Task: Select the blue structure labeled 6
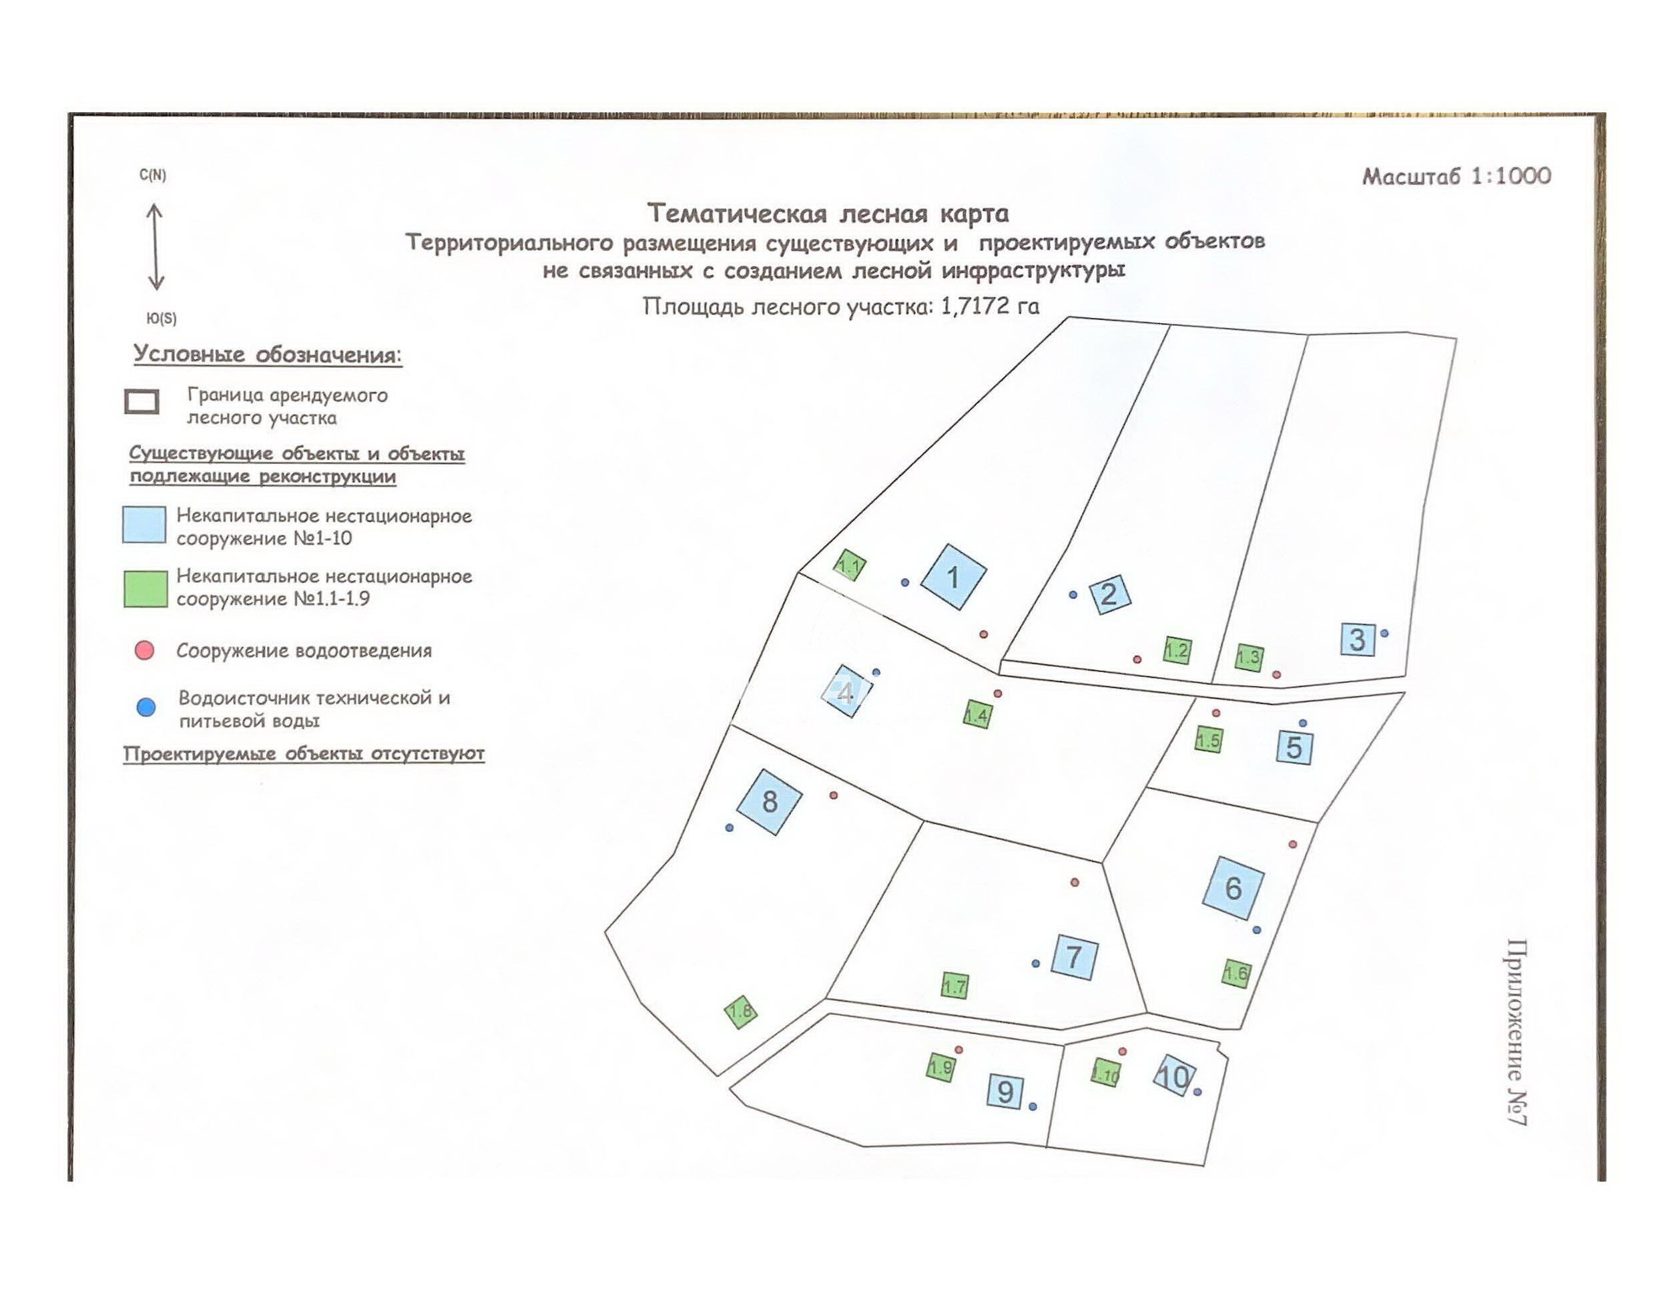click(1233, 888)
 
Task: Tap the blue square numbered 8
click(769, 801)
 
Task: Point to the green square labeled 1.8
click(740, 1012)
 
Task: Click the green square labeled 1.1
click(849, 566)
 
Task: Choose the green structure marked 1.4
click(977, 714)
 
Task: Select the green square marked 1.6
click(1235, 974)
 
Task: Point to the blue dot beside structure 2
click(1073, 594)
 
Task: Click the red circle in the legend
click(144, 651)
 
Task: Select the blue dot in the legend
click(146, 707)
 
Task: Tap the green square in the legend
click(146, 589)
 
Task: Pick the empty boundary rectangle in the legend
click(142, 402)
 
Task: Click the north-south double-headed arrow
click(155, 247)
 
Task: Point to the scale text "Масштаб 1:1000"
click(1456, 176)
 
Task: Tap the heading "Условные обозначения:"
click(268, 355)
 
